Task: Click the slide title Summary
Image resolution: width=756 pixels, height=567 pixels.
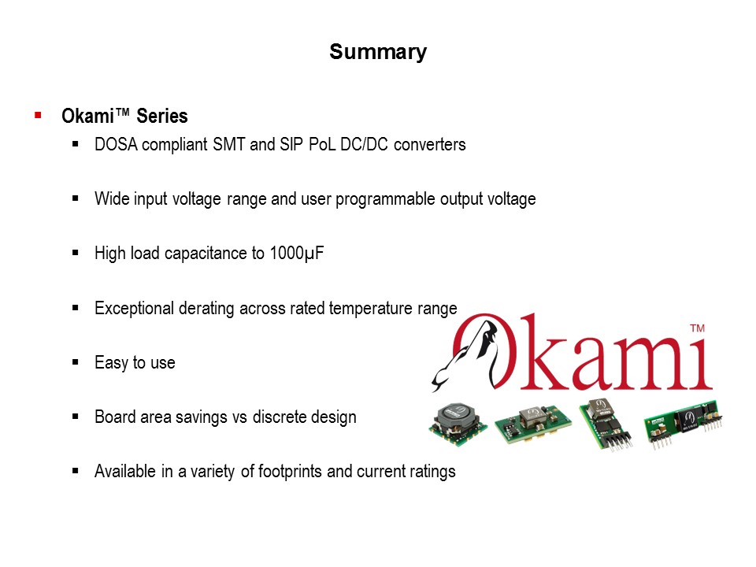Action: coord(378,52)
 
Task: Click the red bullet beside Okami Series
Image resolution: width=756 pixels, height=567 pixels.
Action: coord(38,116)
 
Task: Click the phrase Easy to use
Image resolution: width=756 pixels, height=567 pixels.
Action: coord(135,363)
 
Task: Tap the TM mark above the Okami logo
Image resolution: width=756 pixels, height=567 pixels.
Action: coord(697,328)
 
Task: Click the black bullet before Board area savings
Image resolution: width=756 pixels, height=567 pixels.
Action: coord(76,417)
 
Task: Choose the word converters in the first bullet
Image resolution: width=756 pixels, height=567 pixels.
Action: coord(430,145)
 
